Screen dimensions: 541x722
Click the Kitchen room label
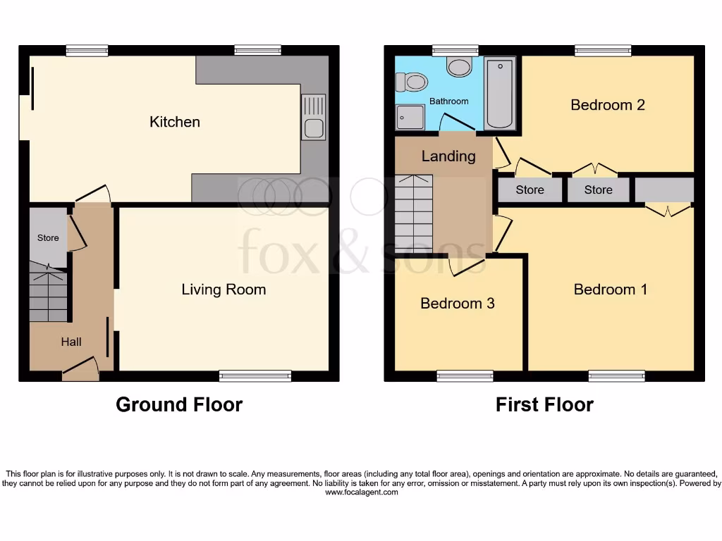[x=175, y=122]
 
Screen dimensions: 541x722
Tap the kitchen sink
[x=314, y=116]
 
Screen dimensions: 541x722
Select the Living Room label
[x=224, y=290]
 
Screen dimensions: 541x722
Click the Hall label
[x=71, y=342]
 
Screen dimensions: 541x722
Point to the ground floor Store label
[x=48, y=238]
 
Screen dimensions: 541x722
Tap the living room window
[x=255, y=376]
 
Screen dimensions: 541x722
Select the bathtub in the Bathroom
[x=501, y=94]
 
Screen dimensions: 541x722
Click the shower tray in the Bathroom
[x=410, y=117]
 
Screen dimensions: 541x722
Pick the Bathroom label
[x=449, y=101]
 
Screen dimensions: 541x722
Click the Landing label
[x=448, y=156]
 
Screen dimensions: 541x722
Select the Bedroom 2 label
[x=608, y=105]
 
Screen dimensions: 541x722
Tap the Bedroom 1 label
[x=611, y=290]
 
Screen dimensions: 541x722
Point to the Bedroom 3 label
[x=457, y=304]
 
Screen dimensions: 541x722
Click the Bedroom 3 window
[x=465, y=376]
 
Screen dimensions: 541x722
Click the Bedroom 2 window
[x=603, y=51]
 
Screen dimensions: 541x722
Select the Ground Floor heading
[x=179, y=405]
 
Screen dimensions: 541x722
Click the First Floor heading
[x=544, y=405]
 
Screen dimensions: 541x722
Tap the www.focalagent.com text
[x=361, y=492]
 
